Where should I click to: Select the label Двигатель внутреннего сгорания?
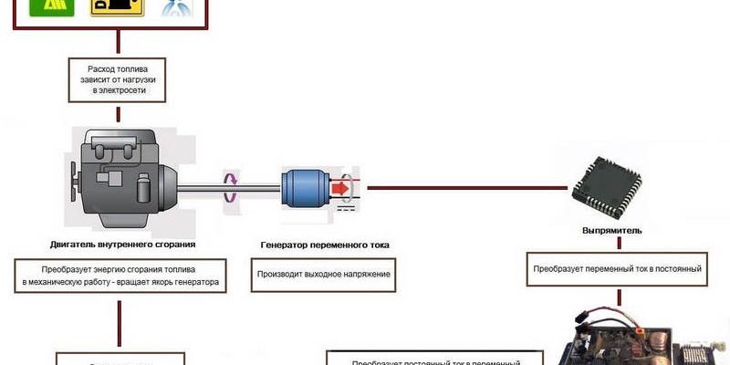[x=123, y=245]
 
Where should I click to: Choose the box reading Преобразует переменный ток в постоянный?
[x=618, y=269]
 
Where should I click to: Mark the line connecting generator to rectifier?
[x=465, y=188]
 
